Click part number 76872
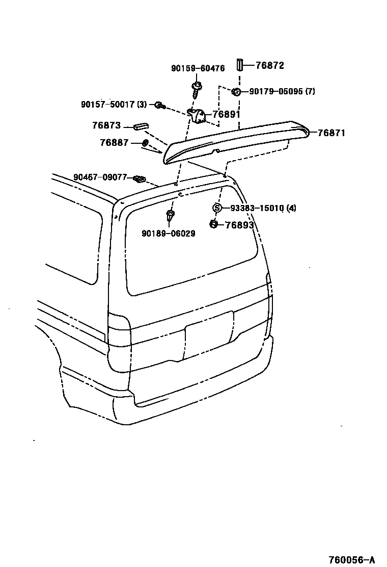tap(269, 65)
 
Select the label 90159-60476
tap(198, 68)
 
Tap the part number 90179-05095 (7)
tap(282, 92)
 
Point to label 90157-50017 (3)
tap(114, 104)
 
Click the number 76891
tap(226, 115)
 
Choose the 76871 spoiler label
tap(331, 133)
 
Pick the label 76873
tap(106, 125)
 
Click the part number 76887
tap(114, 143)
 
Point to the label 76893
tap(239, 225)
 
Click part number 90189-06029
tap(169, 234)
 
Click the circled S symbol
tap(216, 208)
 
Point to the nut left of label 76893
tap(214, 224)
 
